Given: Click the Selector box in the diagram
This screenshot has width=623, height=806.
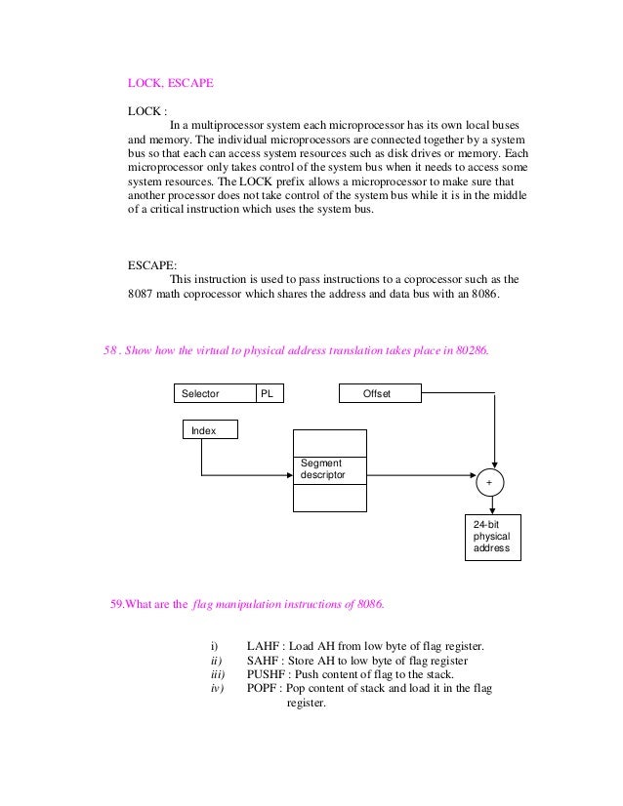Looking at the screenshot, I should [x=214, y=393].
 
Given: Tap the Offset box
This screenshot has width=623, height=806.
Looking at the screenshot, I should [x=380, y=393].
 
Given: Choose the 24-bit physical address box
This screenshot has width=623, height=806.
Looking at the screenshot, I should [x=493, y=537].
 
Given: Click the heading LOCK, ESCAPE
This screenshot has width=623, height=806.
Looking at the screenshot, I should [x=170, y=84].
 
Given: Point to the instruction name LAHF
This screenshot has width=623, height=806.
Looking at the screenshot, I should [x=264, y=646].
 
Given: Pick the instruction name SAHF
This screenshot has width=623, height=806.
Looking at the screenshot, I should [x=264, y=661].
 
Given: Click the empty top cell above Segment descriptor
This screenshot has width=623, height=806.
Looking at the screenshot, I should [x=330, y=442].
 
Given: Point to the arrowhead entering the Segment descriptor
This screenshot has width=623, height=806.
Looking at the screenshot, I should [x=290, y=476].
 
